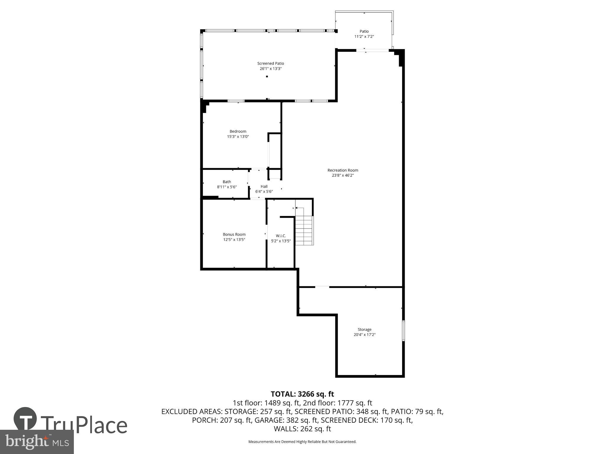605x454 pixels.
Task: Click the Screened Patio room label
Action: [270, 63]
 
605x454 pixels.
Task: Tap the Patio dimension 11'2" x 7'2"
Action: [364, 37]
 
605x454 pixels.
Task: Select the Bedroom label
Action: [238, 131]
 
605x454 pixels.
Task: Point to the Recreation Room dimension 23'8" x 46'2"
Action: [343, 175]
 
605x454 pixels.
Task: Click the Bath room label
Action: [227, 182]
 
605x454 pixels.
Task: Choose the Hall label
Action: [264, 187]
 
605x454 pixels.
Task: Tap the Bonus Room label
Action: [234, 234]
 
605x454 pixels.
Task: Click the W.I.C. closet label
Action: [281, 236]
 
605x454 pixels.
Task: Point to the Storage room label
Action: [364, 329]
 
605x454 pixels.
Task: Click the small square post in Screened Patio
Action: [267, 77]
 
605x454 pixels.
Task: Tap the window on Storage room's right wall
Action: [403, 331]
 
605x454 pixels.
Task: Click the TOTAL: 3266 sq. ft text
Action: [302, 394]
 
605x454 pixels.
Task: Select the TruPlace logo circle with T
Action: [25, 419]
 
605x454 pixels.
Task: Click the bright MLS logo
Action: [37, 442]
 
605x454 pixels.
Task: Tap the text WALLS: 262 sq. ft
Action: [302, 429]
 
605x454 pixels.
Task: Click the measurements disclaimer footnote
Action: [302, 442]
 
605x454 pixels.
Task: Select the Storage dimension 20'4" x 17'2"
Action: [364, 335]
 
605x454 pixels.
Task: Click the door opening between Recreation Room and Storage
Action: [322, 286]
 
